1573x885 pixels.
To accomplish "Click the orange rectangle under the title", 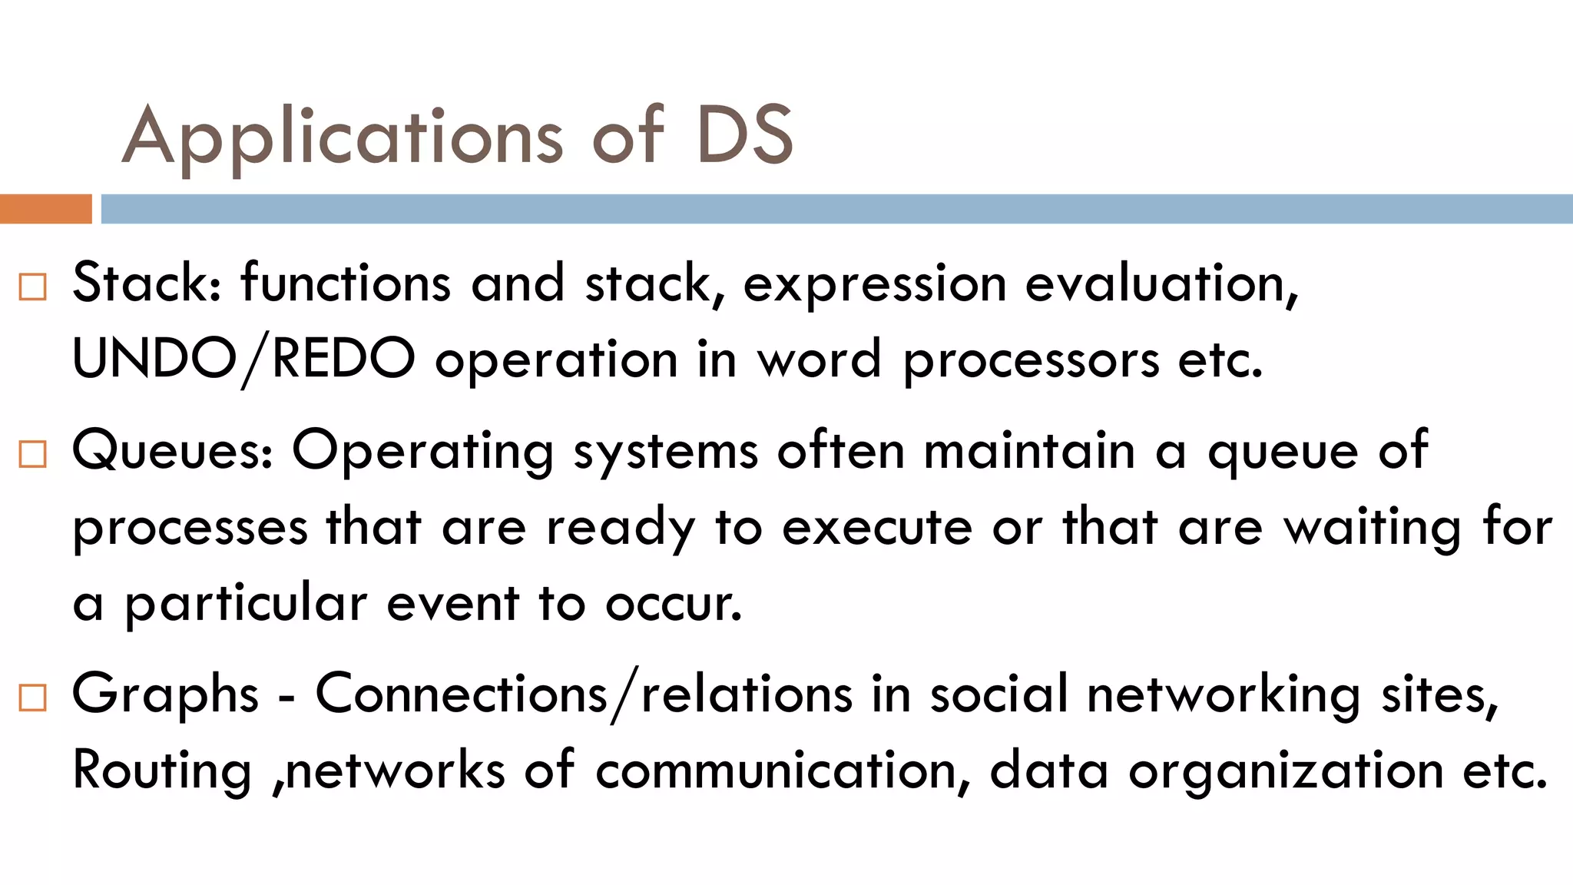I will pos(45,209).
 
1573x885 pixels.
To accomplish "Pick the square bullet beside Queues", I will pos(33,454).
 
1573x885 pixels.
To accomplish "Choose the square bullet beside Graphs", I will pos(33,698).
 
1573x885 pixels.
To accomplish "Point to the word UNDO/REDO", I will pos(243,359).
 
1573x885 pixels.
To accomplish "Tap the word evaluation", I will pos(1161,283).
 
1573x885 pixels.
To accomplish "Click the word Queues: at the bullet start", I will pos(172,450).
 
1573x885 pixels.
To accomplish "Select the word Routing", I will pos(162,771).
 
